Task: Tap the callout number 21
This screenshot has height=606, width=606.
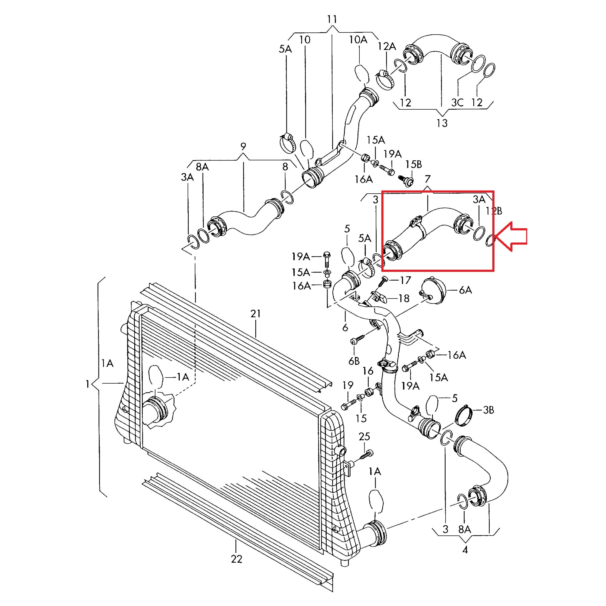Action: tap(256, 314)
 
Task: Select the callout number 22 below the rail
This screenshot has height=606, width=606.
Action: tap(237, 559)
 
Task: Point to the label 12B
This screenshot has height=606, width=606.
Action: tap(494, 211)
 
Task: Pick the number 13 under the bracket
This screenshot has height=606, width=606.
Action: tap(442, 123)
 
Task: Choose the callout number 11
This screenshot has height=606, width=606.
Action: tap(332, 19)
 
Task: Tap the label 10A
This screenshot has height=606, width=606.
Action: tap(358, 39)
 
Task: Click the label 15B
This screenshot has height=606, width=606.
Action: tap(413, 164)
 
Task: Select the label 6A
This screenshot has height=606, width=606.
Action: tap(465, 290)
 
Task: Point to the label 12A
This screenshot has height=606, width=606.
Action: tap(386, 46)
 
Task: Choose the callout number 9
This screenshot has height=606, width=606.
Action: tap(243, 146)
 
